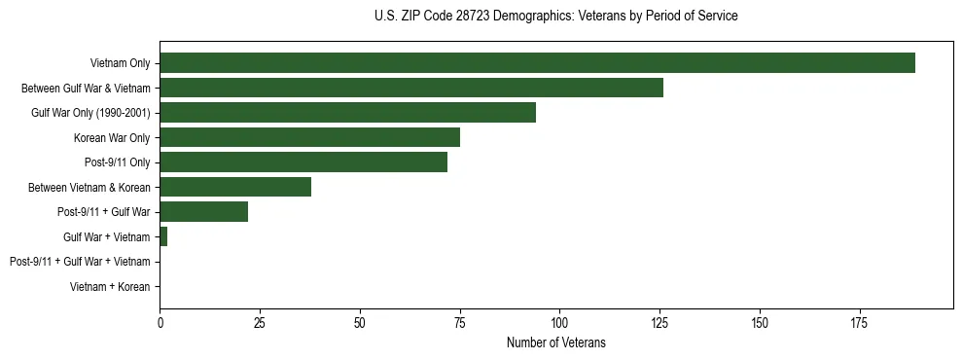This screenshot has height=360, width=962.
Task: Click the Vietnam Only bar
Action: [537, 63]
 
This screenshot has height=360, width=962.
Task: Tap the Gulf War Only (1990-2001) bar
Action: [347, 113]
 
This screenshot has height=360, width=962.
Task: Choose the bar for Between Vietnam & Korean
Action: [235, 187]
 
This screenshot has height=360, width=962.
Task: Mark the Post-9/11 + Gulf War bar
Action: [203, 212]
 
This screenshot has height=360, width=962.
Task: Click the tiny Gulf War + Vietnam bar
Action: [163, 236]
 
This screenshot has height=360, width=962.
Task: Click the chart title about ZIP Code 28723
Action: [555, 17]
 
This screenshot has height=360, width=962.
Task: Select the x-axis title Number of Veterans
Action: [555, 342]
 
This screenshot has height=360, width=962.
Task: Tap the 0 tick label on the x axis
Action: [160, 322]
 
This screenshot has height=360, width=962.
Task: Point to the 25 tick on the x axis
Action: [260, 322]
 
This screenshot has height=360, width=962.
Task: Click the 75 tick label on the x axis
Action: [460, 322]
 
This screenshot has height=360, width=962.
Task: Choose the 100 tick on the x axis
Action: [559, 322]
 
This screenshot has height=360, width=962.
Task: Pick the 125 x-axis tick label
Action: [659, 322]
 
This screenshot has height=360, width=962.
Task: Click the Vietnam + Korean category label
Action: [110, 287]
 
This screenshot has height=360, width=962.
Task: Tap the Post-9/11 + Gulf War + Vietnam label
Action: [80, 262]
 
